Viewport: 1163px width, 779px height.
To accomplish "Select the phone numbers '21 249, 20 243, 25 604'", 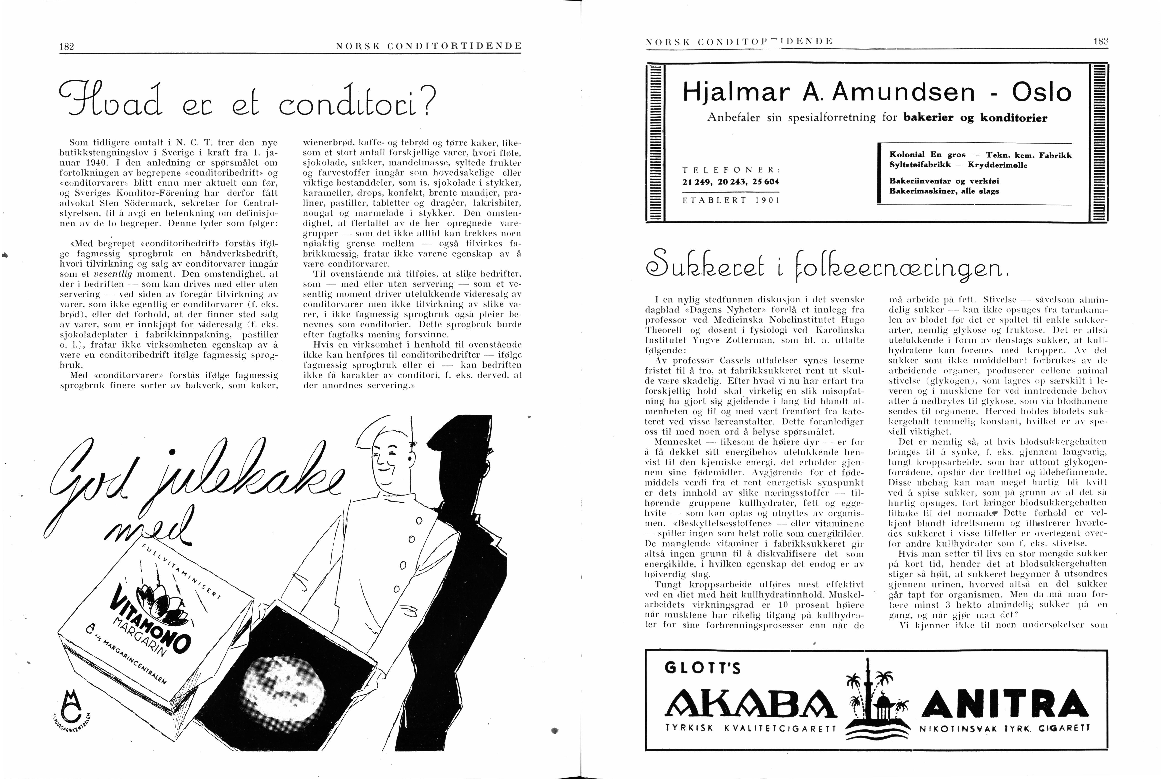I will (x=731, y=182).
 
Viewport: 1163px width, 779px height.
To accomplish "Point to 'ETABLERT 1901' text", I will (x=731, y=200).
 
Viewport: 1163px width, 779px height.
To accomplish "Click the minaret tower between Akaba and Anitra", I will (x=868, y=691).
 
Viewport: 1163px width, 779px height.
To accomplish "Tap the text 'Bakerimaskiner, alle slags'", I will (x=943, y=191).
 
